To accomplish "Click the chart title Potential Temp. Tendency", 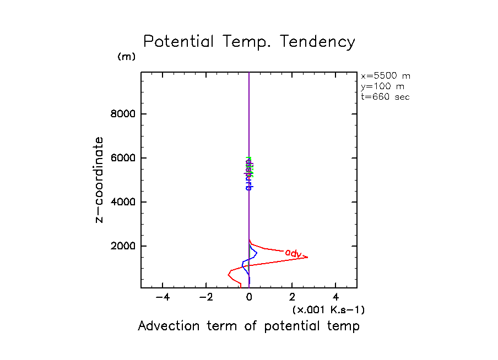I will (x=249, y=42).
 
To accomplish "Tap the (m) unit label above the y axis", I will (x=126, y=57).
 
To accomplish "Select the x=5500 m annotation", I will (x=385, y=76).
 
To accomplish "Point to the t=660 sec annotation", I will (x=385, y=96).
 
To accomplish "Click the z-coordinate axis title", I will (x=99, y=179).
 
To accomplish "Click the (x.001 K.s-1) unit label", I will (x=328, y=310).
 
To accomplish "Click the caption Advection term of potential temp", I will (x=248, y=326).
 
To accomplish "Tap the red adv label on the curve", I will (x=293, y=253).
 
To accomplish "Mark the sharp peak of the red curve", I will (x=307, y=258).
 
